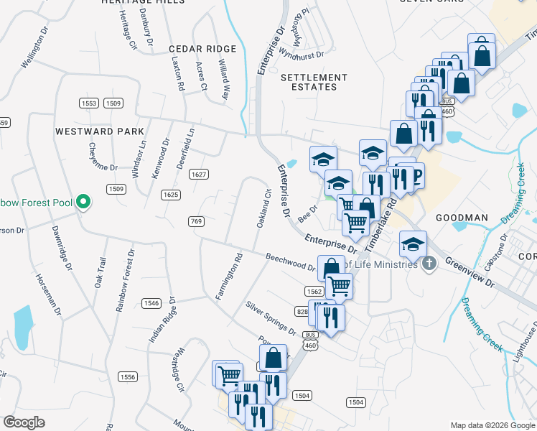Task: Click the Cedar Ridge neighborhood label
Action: point(192,49)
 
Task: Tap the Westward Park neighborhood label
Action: point(100,131)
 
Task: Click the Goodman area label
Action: point(462,217)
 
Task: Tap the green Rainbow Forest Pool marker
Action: point(83,202)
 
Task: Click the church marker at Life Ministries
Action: point(429,264)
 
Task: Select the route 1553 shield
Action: point(89,103)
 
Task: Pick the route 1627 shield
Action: point(199,175)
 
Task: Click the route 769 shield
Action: point(195,221)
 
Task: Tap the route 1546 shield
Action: point(151,302)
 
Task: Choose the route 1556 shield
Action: point(128,376)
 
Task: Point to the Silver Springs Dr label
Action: point(271,318)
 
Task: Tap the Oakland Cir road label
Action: point(263,208)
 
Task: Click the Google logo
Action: point(24,422)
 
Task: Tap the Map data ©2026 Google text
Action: point(492,425)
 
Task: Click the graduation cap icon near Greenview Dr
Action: point(413,244)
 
